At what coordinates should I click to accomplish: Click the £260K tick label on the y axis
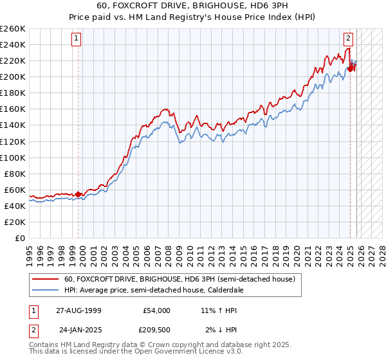13,29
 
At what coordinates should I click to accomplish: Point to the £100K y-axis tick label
13,157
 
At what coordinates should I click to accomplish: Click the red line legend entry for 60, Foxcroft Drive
179,279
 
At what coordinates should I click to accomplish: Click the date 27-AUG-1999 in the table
78,310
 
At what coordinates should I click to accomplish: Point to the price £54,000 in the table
156,310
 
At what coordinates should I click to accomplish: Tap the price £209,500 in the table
156,330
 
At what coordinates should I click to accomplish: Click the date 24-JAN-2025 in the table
78,330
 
